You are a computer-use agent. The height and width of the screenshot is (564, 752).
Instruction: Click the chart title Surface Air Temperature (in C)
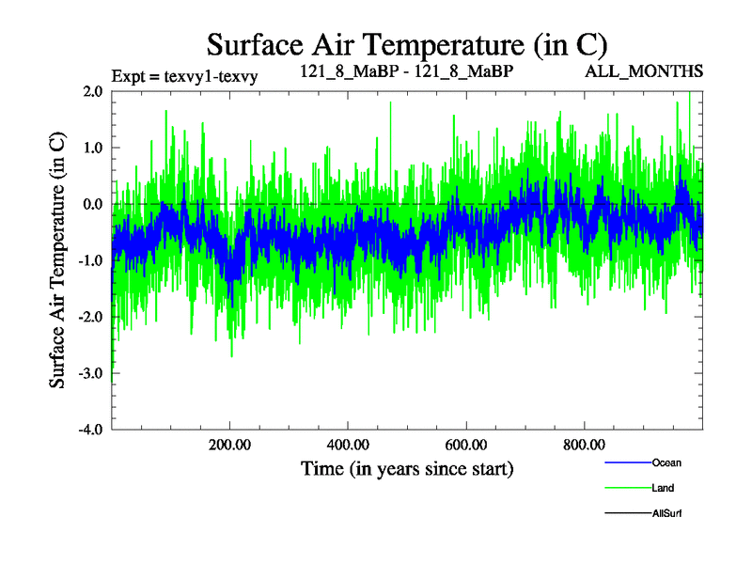(406, 44)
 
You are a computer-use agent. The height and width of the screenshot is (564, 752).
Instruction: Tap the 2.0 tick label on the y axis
(92, 91)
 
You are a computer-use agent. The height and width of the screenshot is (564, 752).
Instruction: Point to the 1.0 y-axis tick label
(92, 148)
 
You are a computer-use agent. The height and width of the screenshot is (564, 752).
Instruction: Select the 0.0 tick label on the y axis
(92, 204)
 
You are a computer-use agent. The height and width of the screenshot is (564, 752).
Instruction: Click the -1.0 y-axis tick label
(90, 260)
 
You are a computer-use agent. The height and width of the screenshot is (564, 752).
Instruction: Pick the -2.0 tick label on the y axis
(90, 317)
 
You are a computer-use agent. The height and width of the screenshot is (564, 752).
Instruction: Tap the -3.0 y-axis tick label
(90, 373)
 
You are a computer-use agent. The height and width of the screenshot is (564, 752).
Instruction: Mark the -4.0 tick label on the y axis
(90, 430)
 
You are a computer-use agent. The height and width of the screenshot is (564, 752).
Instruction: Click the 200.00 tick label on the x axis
(229, 445)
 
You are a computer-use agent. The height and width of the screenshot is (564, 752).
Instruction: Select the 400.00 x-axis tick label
(348, 445)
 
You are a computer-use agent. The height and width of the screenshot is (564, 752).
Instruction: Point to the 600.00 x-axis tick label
(465, 445)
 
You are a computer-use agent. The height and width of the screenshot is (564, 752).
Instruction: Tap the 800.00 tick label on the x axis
(584, 445)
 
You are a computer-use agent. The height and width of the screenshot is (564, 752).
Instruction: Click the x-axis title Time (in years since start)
(407, 467)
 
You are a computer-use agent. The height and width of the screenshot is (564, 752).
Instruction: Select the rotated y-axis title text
(57, 260)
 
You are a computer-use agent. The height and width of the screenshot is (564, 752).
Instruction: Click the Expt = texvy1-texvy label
(184, 74)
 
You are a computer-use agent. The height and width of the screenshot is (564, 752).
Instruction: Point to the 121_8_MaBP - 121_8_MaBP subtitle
(406, 71)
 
